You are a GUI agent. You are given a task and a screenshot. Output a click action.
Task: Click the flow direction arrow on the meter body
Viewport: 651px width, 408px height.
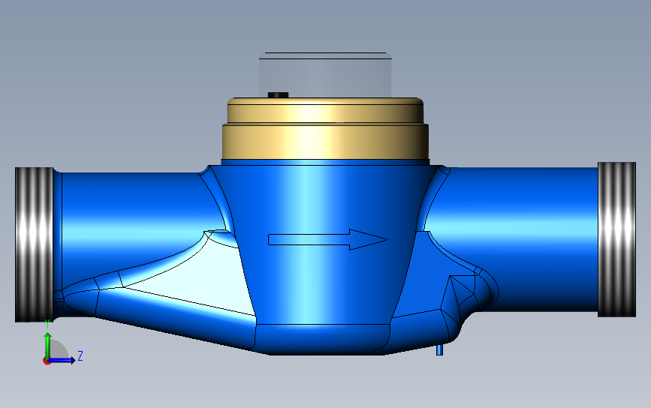click(328, 240)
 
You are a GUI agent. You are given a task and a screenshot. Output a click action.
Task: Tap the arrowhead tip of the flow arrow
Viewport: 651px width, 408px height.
click(387, 239)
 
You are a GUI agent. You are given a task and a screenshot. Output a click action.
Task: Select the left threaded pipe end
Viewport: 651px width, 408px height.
click(34, 244)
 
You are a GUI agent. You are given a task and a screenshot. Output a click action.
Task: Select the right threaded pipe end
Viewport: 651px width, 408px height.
click(616, 240)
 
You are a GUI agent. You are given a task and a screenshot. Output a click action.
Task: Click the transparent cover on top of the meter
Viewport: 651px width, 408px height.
click(326, 75)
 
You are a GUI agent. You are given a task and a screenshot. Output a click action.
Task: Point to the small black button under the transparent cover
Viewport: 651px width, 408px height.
click(278, 95)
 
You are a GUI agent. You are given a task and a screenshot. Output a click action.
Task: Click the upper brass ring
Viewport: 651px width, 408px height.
click(326, 110)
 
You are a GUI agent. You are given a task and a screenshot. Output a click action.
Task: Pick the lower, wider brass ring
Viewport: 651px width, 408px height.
click(326, 142)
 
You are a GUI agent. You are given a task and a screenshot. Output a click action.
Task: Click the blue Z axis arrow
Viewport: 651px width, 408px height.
click(62, 360)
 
